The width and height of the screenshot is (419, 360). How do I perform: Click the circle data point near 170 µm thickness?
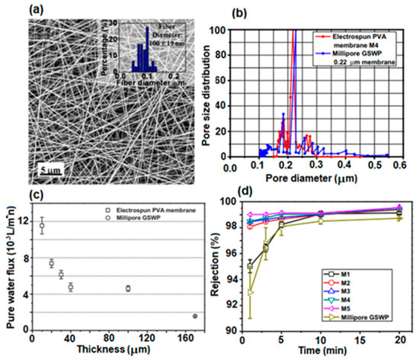point(195,316)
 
